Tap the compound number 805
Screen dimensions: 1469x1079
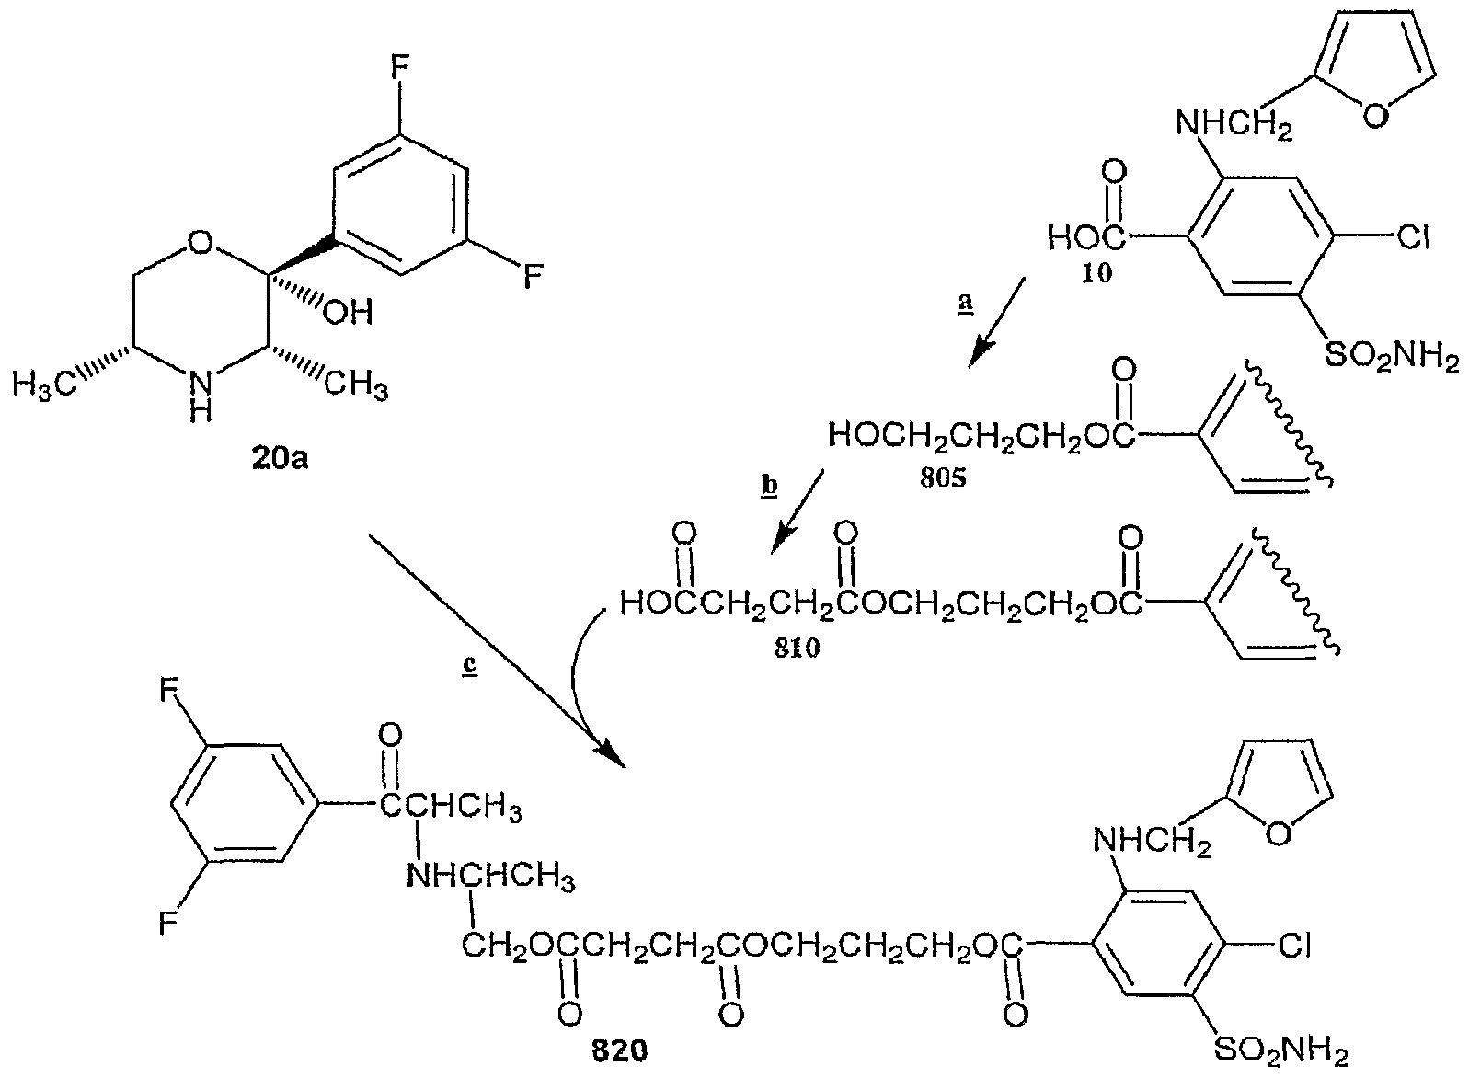tap(943, 477)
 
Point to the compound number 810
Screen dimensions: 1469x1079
tap(797, 649)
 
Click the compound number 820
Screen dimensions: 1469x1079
tap(620, 1051)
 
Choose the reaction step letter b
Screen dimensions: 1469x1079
tap(769, 486)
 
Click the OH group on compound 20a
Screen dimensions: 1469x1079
tap(349, 311)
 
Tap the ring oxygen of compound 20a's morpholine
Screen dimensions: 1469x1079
tap(200, 244)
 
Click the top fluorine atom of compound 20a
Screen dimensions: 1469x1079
tap(399, 67)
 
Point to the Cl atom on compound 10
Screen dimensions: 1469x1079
tap(1413, 236)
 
